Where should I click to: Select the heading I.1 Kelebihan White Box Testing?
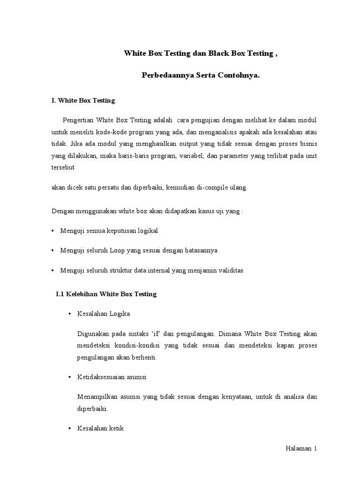pyautogui.click(x=106, y=294)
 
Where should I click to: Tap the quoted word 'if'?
pyautogui.click(x=156, y=334)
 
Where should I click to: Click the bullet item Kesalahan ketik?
pyautogui.click(x=100, y=429)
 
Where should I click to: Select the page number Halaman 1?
pyautogui.click(x=301, y=449)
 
